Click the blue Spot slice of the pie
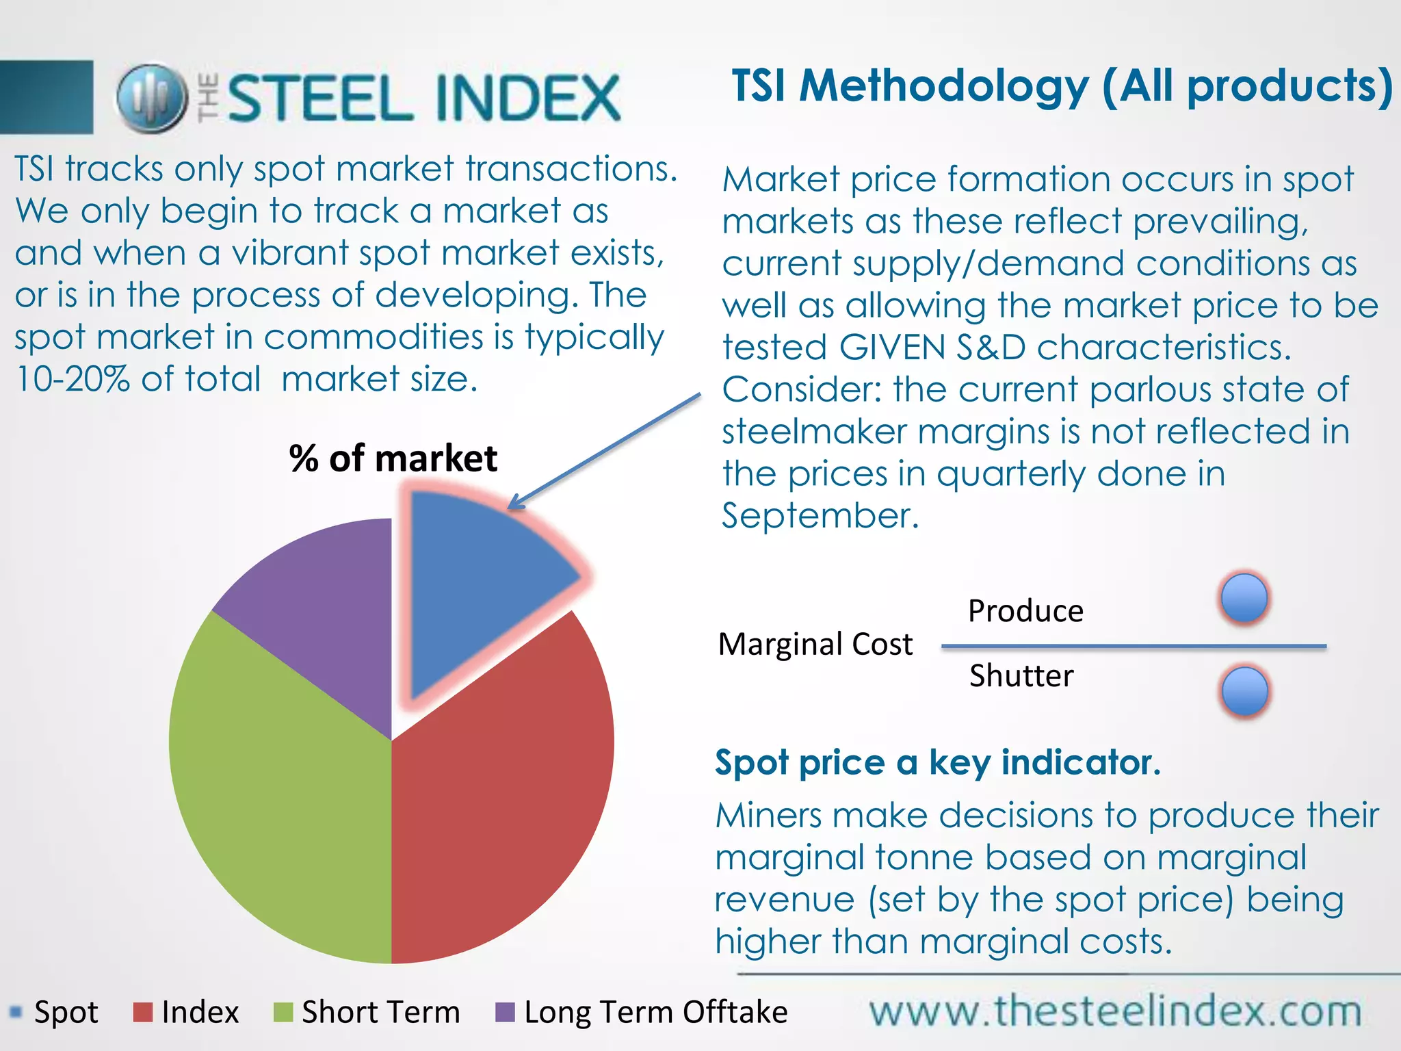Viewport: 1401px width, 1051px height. click(x=479, y=588)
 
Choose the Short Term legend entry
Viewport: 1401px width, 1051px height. click(x=367, y=1012)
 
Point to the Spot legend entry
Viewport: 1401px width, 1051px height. click(x=55, y=1012)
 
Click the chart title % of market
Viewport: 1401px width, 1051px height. click(x=393, y=458)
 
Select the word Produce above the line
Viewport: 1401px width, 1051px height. click(x=1025, y=611)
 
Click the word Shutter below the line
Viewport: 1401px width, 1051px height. click(x=1021, y=676)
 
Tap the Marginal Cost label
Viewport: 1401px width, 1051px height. click(x=815, y=645)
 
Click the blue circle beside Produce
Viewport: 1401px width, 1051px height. click(x=1244, y=597)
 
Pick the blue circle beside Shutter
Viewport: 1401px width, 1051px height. click(x=1244, y=691)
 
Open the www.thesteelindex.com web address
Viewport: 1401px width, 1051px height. click(x=1115, y=1011)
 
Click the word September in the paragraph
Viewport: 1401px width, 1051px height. click(x=820, y=516)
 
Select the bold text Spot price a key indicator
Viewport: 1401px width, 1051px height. click(x=937, y=762)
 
